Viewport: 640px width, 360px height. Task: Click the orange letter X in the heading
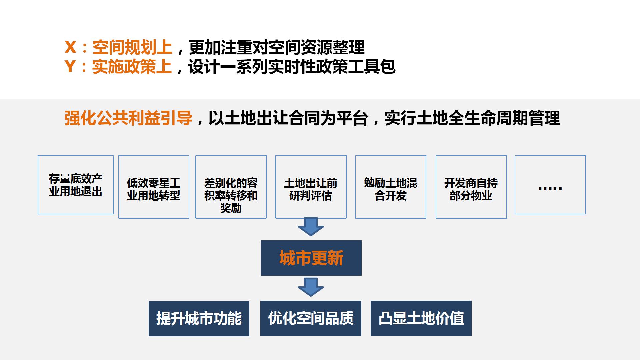pyautogui.click(x=71, y=47)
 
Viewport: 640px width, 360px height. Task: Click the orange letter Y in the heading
pyautogui.click(x=70, y=66)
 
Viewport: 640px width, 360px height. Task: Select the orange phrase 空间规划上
pyautogui.click(x=132, y=47)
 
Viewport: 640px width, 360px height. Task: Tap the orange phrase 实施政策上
pyautogui.click(x=132, y=66)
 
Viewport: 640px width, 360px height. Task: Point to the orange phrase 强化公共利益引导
pyautogui.click(x=128, y=118)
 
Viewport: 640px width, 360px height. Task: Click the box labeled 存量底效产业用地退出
pyautogui.click(x=76, y=185)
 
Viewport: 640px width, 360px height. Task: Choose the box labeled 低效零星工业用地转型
pyautogui.click(x=154, y=187)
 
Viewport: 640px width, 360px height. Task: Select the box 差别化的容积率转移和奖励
pyautogui.click(x=231, y=187)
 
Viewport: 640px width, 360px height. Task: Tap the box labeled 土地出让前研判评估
pyautogui.click(x=311, y=187)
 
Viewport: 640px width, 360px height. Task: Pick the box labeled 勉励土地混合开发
pyautogui.click(x=391, y=187)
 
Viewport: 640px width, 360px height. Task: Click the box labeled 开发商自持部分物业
pyautogui.click(x=471, y=187)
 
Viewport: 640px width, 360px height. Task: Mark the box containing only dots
pyautogui.click(x=550, y=185)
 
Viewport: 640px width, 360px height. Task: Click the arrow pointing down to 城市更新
pyautogui.click(x=311, y=227)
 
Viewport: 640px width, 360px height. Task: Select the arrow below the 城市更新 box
pyautogui.click(x=311, y=287)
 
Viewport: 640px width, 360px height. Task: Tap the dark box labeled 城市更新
pyautogui.click(x=311, y=258)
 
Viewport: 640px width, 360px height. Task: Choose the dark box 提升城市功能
pyautogui.click(x=199, y=319)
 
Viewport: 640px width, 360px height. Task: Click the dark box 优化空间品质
pyautogui.click(x=311, y=318)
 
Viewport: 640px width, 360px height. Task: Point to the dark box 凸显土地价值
pyautogui.click(x=421, y=318)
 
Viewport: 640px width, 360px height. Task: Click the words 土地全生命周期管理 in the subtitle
pyautogui.click(x=488, y=118)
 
